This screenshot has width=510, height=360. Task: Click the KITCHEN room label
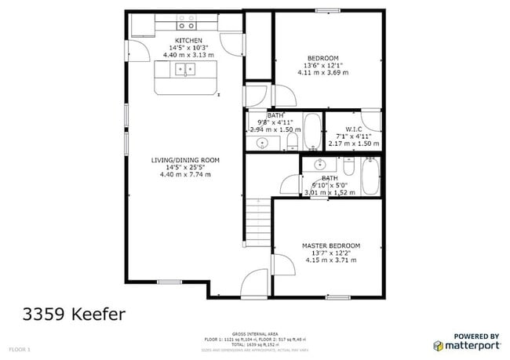[x=188, y=40]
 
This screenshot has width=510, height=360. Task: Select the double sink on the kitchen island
[x=186, y=70]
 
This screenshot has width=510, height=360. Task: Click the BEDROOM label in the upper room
[x=322, y=58]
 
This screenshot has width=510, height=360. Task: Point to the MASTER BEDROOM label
[x=331, y=245]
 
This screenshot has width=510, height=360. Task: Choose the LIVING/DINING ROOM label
[x=185, y=160]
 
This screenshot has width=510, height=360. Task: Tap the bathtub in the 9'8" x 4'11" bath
[x=311, y=132]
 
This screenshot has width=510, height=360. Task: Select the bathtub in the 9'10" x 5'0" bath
[x=370, y=176]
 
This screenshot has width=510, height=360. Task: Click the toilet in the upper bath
[x=291, y=140]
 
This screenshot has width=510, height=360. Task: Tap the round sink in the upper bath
[x=264, y=142]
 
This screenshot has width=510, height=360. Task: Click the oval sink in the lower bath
[x=319, y=165]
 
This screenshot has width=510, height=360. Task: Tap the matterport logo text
[x=471, y=344]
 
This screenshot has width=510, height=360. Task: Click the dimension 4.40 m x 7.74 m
[x=185, y=174]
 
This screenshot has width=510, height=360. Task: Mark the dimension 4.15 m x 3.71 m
[x=331, y=260]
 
